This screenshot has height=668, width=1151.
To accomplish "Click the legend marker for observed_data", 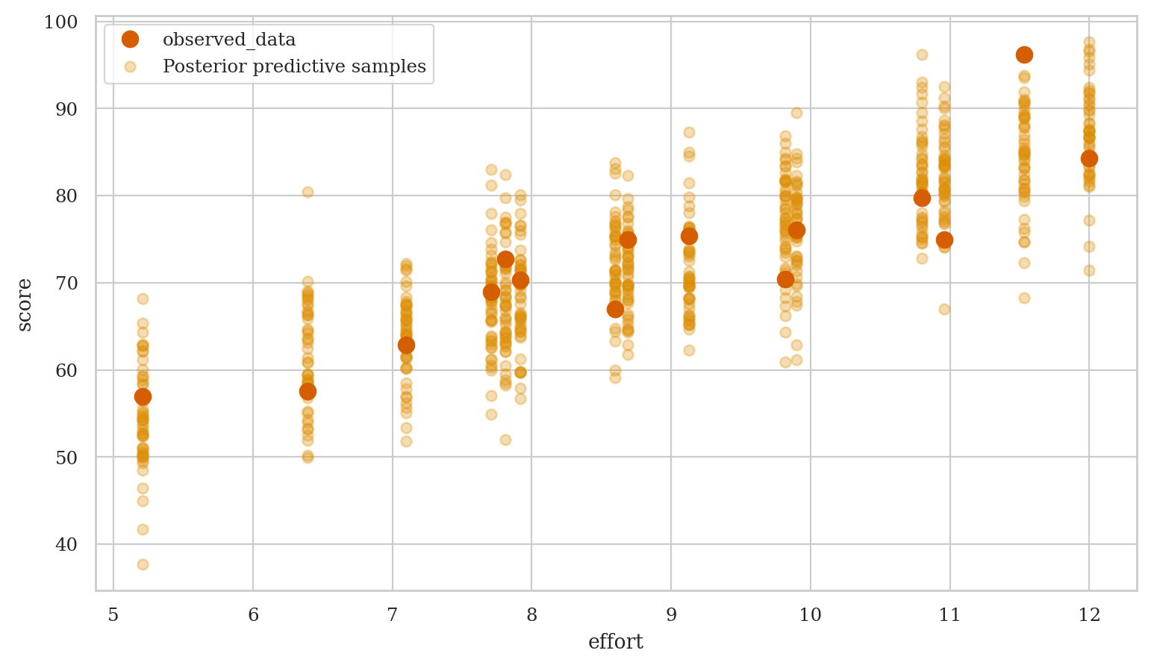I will pyautogui.click(x=131, y=40).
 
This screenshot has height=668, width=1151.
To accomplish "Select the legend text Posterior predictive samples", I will pyautogui.click(x=294, y=66).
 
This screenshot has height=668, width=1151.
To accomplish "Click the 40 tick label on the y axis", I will pyautogui.click(x=66, y=545).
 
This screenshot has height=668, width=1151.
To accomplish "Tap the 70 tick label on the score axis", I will pyautogui.click(x=66, y=284).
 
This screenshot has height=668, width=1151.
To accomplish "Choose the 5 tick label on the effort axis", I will pyautogui.click(x=113, y=615).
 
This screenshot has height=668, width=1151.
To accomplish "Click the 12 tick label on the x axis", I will pyautogui.click(x=1089, y=615).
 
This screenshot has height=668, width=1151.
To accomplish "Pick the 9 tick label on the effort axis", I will pyautogui.click(x=671, y=615).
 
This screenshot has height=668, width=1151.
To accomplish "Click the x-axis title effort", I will pyautogui.click(x=616, y=642).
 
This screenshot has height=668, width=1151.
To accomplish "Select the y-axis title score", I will pyautogui.click(x=25, y=305).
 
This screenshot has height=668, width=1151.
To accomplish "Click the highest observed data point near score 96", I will pyautogui.click(x=1024, y=54).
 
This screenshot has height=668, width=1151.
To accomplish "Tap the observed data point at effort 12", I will pyautogui.click(x=1089, y=158).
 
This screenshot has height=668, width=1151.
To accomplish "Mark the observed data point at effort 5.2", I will pyautogui.click(x=143, y=396).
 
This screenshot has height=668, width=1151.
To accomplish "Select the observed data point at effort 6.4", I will pyautogui.click(x=308, y=391).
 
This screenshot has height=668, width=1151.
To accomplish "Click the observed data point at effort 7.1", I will pyautogui.click(x=406, y=345).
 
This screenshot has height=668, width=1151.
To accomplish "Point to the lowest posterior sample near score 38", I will pyautogui.click(x=143, y=564).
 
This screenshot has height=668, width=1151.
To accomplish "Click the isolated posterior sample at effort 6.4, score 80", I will pyautogui.click(x=308, y=192).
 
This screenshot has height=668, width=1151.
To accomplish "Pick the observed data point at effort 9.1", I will pyautogui.click(x=689, y=236).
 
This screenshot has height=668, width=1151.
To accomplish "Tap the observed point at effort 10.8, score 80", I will pyautogui.click(x=922, y=198).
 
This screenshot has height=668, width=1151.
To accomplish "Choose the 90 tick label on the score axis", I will pyautogui.click(x=66, y=109).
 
